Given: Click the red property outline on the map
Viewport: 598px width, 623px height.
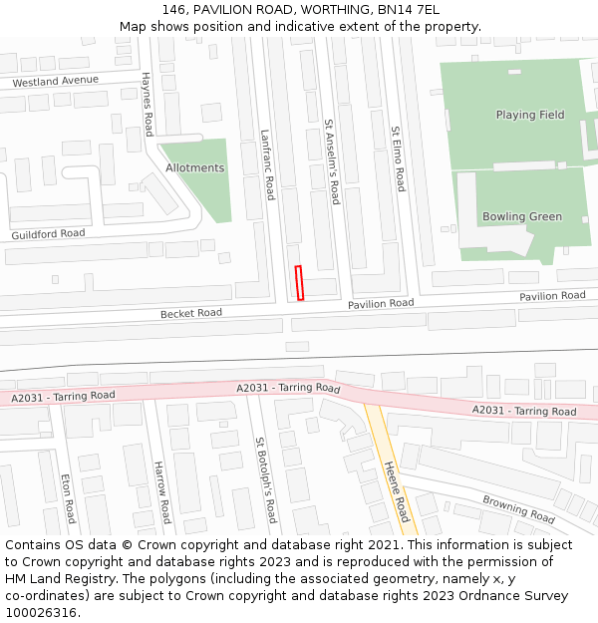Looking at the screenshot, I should (x=299, y=282).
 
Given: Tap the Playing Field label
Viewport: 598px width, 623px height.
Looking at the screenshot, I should (x=530, y=115).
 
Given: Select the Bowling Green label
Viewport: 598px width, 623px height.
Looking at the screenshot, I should (x=522, y=216).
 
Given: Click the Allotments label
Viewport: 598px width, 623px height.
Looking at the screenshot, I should (x=195, y=168).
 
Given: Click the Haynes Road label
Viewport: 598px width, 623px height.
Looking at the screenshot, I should (x=148, y=104).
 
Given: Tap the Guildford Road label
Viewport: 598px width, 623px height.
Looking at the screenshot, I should (x=48, y=234).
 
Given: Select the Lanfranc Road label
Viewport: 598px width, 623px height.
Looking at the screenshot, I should (x=267, y=164).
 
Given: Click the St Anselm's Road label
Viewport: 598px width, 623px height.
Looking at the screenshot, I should (x=333, y=162).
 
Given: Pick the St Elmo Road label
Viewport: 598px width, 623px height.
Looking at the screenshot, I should (x=398, y=158).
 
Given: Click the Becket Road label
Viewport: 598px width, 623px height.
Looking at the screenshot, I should (x=191, y=313).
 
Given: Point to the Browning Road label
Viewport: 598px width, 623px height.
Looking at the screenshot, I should (x=518, y=509).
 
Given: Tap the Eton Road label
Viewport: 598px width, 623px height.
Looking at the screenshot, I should (x=68, y=498).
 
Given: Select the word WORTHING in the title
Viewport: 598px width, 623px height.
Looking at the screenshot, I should (x=321, y=10).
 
